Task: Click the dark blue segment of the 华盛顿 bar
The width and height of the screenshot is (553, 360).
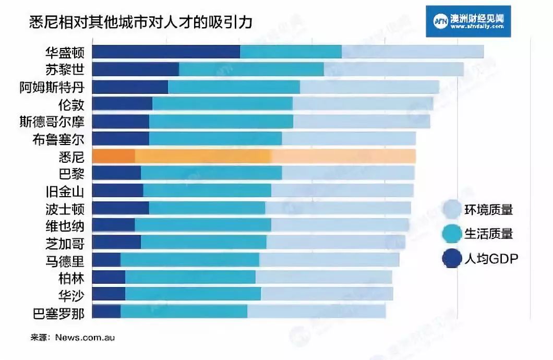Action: click(x=166, y=52)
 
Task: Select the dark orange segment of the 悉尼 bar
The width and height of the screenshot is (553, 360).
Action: click(x=113, y=156)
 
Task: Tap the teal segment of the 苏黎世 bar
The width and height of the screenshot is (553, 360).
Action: click(x=251, y=69)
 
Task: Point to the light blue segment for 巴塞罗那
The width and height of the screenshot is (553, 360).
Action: click(x=316, y=311)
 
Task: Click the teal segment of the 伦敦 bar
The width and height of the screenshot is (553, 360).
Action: click(x=222, y=103)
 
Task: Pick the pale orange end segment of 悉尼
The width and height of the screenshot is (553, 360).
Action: click(x=343, y=156)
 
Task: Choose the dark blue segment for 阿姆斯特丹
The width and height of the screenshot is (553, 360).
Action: click(x=130, y=87)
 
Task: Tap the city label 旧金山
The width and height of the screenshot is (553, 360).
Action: click(x=65, y=191)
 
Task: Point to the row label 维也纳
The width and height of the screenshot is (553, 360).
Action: click(x=65, y=225)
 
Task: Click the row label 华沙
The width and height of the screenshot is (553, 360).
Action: click(x=71, y=295)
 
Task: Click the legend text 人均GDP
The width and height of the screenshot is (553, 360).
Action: click(x=491, y=258)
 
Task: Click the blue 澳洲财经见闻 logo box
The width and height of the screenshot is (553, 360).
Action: click(x=467, y=21)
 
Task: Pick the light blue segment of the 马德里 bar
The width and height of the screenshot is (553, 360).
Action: click(x=329, y=260)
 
